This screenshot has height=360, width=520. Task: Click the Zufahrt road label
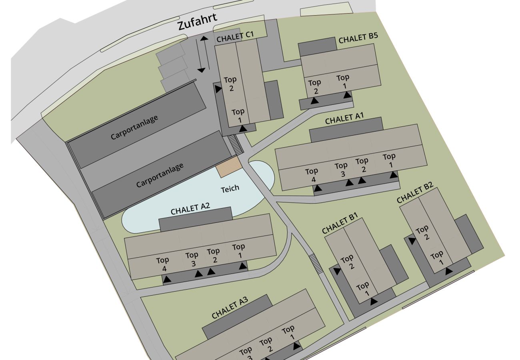198,22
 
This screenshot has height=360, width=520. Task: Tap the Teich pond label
230,189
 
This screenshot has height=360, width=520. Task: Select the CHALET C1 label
235,37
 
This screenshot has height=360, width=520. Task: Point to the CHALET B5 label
358,38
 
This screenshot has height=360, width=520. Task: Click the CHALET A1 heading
344,119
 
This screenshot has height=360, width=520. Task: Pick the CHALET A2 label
190,208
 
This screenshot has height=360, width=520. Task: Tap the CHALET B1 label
340,223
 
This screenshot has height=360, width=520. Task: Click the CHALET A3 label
230,308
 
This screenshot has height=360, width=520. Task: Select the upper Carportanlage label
134,127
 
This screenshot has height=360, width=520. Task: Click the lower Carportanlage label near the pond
160,175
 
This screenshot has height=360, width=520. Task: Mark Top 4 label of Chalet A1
312,176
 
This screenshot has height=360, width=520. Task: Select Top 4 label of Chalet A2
163,264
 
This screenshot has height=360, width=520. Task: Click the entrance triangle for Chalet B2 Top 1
449,271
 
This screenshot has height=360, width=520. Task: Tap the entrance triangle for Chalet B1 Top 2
337,271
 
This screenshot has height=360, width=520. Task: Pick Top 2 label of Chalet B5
315,86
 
